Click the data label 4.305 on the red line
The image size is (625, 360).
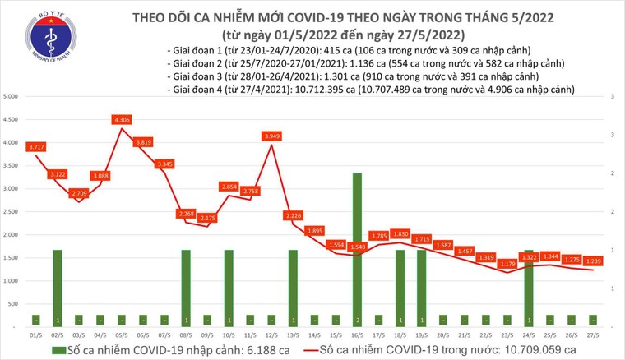pyautogui.click(x=123, y=120)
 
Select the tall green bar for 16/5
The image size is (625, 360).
pyautogui.click(x=357, y=247)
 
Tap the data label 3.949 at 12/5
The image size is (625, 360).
pyautogui.click(x=272, y=136)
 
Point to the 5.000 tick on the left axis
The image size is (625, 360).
pyautogui.click(x=12, y=97)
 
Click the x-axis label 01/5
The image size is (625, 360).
pyautogui.click(x=37, y=335)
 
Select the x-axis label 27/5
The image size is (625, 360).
pyautogui.click(x=592, y=335)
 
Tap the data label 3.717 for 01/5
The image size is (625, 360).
pyautogui.click(x=37, y=147)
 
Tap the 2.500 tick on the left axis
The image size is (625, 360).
pyautogui.click(x=12, y=212)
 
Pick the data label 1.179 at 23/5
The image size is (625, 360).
pyautogui.click(x=507, y=264)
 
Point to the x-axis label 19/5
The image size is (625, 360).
pyautogui.click(x=421, y=335)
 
